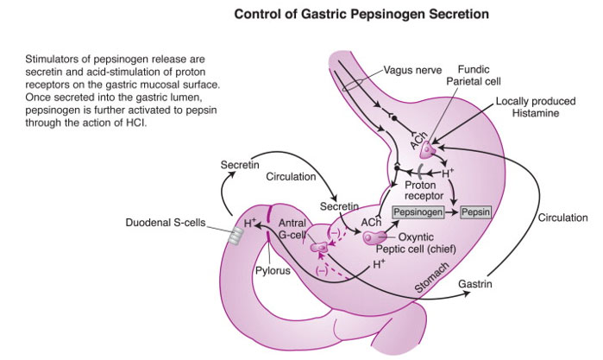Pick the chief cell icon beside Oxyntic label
point(372,237)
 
